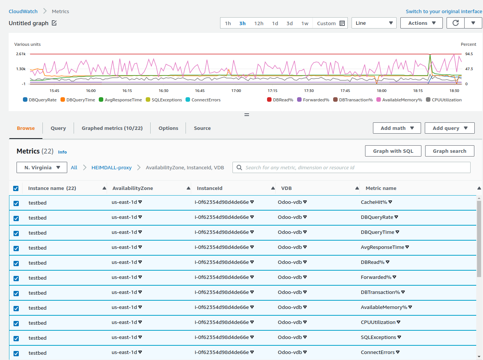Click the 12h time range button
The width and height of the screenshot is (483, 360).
pos(259,23)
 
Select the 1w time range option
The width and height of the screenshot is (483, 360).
pos(305,23)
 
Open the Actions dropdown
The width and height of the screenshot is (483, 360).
pos(421,23)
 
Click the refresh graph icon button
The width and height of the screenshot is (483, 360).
pos(456,23)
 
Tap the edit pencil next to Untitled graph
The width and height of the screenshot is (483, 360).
pos(54,23)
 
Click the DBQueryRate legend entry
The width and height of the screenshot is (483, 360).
pos(40,100)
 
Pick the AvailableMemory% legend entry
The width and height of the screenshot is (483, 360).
pos(399,100)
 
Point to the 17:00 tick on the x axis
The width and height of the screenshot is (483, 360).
pos(236,91)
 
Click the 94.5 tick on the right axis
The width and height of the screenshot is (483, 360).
pos(469,54)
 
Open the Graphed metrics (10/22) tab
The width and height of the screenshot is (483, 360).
pos(112,128)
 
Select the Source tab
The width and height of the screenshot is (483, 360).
pos(202,128)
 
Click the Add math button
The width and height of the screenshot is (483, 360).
pos(397,128)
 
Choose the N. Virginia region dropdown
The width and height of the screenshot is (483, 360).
pos(42,167)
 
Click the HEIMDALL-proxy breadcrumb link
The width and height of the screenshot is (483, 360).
pos(112,167)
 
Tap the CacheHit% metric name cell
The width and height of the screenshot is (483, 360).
pos(374,202)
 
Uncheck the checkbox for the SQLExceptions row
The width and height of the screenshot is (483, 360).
pos(16,338)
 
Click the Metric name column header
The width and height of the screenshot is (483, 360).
pos(381,188)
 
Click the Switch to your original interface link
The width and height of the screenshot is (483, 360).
pos(444,11)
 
